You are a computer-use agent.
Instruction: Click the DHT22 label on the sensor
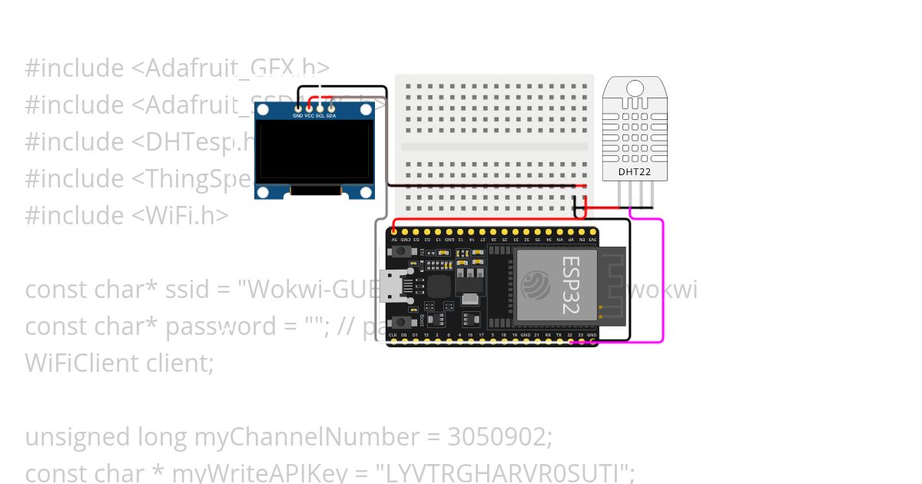(x=635, y=172)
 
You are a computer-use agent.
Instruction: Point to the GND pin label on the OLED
(x=297, y=115)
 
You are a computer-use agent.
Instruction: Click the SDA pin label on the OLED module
(x=331, y=115)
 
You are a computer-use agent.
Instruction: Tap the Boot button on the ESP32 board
(x=400, y=322)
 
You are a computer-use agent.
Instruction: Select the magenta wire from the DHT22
(x=662, y=277)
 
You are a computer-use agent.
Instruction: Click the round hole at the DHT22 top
(x=634, y=87)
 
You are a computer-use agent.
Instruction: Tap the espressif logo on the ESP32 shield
(x=536, y=287)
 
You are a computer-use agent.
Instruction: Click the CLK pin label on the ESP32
(x=393, y=336)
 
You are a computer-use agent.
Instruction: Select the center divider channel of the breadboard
(x=494, y=146)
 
